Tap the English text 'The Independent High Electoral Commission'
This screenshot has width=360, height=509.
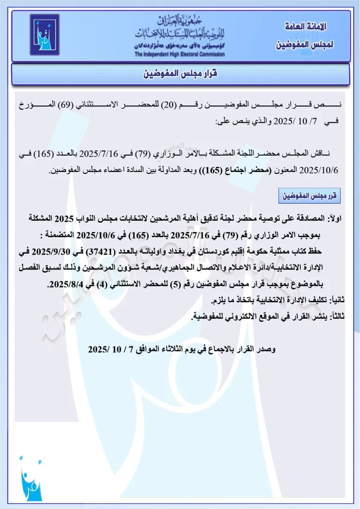click(180, 54)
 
